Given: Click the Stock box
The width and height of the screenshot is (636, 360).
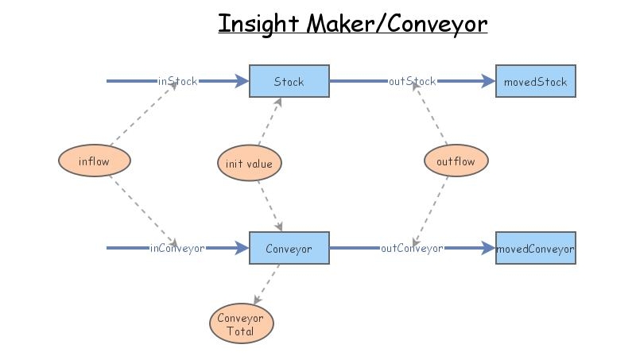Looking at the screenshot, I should [289, 81].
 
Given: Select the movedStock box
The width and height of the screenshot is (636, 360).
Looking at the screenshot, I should [535, 81].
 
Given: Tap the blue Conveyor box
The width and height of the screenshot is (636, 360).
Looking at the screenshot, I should [289, 248].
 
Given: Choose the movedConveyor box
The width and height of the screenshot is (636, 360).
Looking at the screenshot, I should [535, 248].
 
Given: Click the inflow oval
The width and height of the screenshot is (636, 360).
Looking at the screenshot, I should [94, 161].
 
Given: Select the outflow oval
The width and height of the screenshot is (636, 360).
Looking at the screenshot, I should [456, 161].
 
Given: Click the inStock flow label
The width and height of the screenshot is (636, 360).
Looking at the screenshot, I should [177, 81].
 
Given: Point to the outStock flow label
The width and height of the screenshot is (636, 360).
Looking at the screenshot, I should [412, 81].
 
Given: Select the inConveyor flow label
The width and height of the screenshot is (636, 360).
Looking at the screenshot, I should [177, 248].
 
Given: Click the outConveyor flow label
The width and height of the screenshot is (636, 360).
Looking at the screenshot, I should [412, 248].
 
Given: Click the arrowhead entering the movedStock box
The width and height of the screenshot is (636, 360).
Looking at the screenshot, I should [488, 81].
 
